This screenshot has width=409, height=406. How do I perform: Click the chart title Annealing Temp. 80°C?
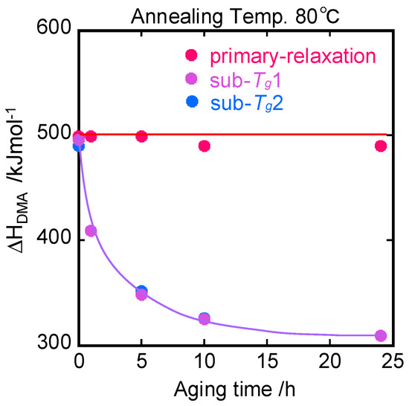coord(235,16)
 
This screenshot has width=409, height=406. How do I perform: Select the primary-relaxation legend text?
coord(293,57)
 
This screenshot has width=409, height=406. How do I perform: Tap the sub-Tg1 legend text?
coord(245,80)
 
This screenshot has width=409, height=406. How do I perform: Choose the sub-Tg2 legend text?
coord(247,103)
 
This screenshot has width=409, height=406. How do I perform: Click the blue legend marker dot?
coord(193,101)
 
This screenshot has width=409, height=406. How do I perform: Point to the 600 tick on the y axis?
coord(54,28)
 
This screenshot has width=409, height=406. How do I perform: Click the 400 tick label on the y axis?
coord(54,239)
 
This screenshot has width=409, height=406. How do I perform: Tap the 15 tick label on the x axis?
coord(268,361)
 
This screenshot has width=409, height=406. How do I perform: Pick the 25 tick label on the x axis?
coord(393,361)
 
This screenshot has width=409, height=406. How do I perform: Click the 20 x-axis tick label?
coord(329,361)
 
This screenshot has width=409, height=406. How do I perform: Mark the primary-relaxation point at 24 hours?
coord(381,146)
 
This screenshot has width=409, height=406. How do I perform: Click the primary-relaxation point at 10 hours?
coord(204,146)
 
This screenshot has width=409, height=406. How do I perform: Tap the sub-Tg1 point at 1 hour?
coord(91,231)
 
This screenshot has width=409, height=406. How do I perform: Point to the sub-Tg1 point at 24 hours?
coord(381,335)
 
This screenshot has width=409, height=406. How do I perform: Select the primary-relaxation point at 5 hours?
coord(141,136)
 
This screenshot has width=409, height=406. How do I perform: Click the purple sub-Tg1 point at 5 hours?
coord(141,295)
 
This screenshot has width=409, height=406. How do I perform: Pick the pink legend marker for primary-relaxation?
coord(191,55)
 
